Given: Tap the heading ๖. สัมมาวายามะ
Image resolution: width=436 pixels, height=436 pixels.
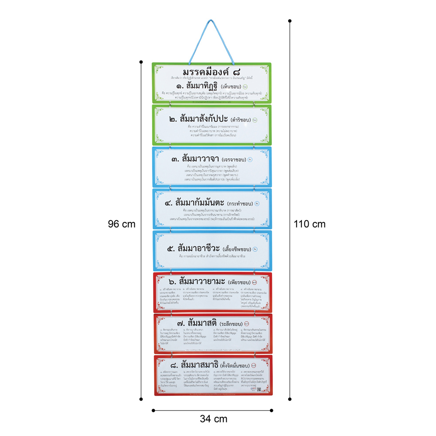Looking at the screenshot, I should coord(201,281).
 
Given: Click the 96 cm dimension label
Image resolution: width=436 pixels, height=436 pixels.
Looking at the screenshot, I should coord(122,224).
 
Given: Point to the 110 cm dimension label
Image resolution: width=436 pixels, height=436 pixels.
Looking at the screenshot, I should coord(310,224).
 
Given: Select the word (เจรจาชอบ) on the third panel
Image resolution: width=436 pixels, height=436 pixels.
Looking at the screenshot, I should coord(235,160).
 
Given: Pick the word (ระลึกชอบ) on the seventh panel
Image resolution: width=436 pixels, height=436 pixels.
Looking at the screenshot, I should coord(231,324).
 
